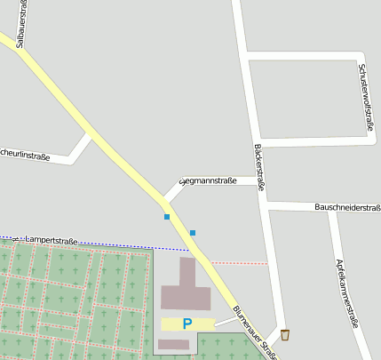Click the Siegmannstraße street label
point(208,181)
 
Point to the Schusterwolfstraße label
point(364,97)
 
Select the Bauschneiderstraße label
point(347,207)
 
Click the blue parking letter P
point(187,324)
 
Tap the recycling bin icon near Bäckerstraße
point(285,334)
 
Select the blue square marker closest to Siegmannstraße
point(166,216)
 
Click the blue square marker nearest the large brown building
point(193,233)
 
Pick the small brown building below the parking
point(173,344)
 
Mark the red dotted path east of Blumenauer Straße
point(240,263)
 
